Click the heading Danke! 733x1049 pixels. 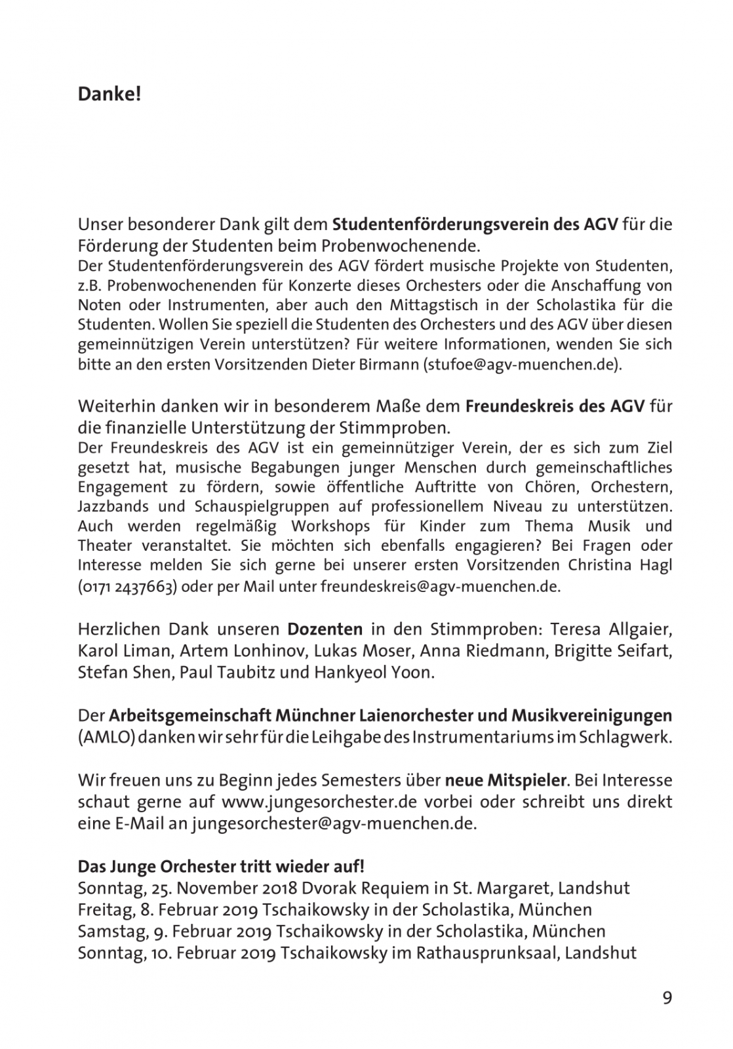(109, 94)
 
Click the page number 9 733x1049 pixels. (667, 998)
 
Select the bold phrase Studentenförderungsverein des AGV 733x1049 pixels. (475, 224)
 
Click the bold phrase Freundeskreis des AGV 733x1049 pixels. (555, 406)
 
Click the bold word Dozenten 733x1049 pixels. (325, 629)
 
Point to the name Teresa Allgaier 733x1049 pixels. (610, 629)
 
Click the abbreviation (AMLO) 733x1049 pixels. (107, 736)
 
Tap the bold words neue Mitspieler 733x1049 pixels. (505, 780)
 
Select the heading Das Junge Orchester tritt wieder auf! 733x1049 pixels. (221, 867)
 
